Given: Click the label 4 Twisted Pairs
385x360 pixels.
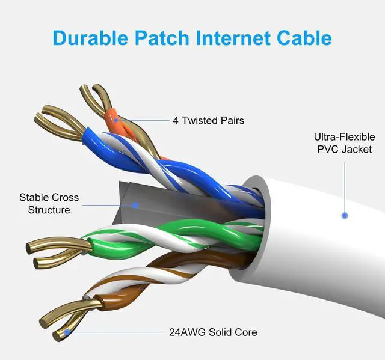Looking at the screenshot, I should [x=208, y=120].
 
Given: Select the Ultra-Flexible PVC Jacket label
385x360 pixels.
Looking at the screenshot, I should [x=344, y=142].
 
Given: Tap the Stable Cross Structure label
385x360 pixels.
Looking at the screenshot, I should [x=49, y=204].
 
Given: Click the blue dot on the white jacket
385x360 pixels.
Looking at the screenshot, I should [x=345, y=215].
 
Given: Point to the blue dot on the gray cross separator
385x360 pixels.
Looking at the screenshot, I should [x=136, y=205].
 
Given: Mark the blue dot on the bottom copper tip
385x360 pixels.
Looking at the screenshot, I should [x=67, y=331].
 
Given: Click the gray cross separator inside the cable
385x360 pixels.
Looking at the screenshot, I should [x=150, y=198].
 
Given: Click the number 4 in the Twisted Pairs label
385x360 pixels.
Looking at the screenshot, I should [x=176, y=120].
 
